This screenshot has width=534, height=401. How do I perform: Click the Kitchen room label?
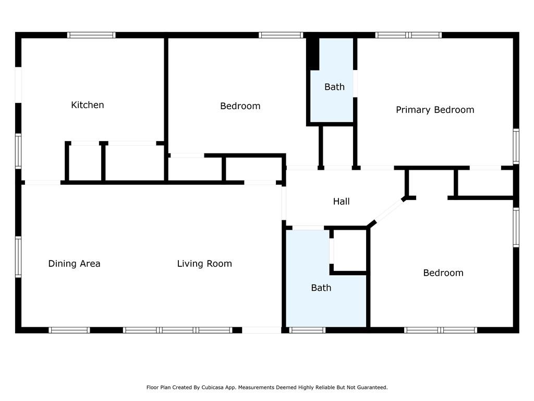pyautogui.click(x=88, y=105)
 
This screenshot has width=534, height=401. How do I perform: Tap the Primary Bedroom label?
pyautogui.click(x=435, y=110)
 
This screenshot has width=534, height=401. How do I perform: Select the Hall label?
pyautogui.click(x=342, y=202)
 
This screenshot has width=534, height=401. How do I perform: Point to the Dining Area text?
pyautogui.click(x=74, y=264)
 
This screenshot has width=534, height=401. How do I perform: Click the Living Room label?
pyautogui.click(x=204, y=264)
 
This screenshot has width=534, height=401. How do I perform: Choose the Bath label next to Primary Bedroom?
pyautogui.click(x=334, y=87)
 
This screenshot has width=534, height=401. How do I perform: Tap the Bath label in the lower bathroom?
pyautogui.click(x=321, y=288)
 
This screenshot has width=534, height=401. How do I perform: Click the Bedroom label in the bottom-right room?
pyautogui.click(x=443, y=273)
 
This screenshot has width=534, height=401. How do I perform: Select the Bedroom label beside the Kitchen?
pyautogui.click(x=240, y=106)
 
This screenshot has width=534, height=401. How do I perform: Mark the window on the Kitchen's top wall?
pyautogui.click(x=91, y=35)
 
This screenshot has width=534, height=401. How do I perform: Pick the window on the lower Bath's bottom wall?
pyautogui.click(x=307, y=330)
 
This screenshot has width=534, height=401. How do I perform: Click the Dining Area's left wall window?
pyautogui.click(x=18, y=257)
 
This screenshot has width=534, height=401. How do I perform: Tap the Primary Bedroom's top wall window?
pyautogui.click(x=408, y=35)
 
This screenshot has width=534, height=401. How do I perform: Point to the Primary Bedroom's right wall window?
pyautogui.click(x=516, y=146)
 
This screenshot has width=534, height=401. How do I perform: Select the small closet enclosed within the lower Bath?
pyautogui.click(x=350, y=251)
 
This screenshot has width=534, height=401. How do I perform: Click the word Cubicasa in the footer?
pyautogui.click(x=212, y=387)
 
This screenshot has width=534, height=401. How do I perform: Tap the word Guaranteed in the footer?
pyautogui.click(x=373, y=387)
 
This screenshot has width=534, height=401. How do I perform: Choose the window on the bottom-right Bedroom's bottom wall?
pyautogui.click(x=441, y=330)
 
